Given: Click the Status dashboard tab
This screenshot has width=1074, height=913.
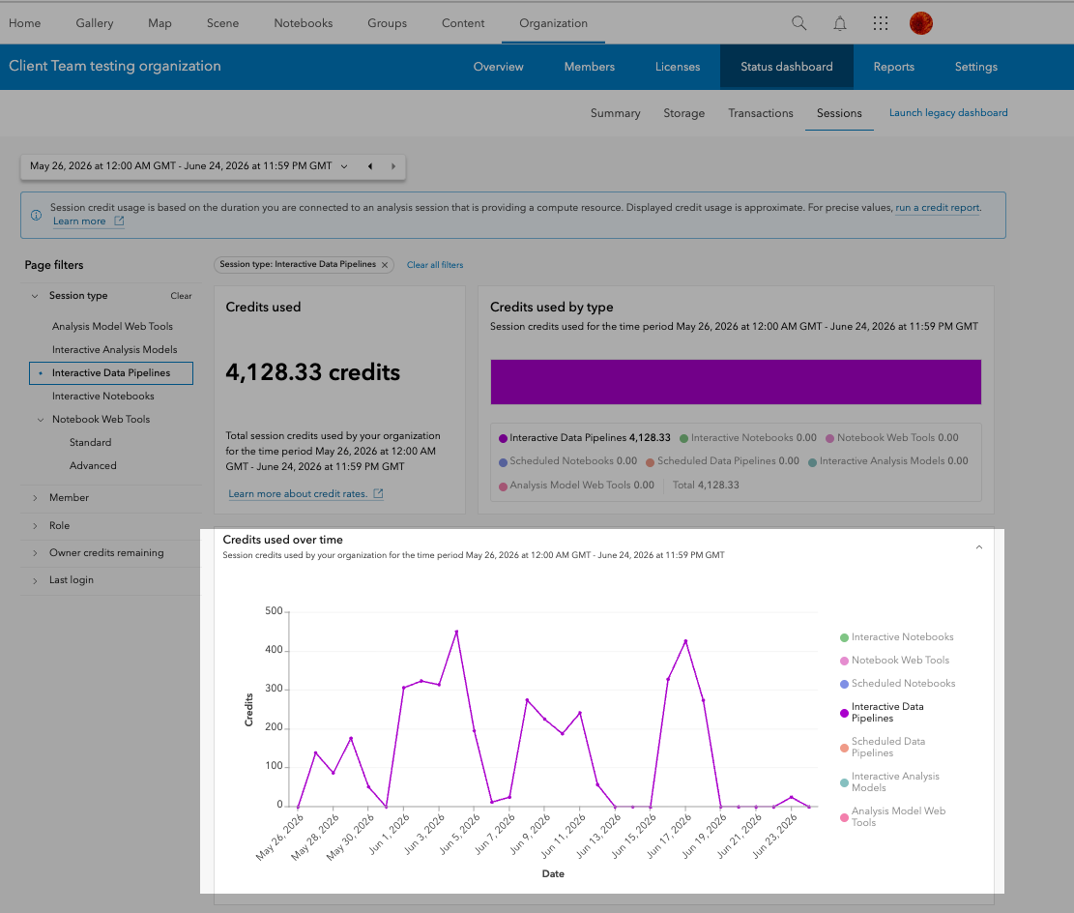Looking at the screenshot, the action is (x=786, y=67).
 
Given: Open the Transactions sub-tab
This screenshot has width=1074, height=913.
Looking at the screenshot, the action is (x=760, y=113).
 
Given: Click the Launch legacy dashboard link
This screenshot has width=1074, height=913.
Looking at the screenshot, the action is (x=948, y=112).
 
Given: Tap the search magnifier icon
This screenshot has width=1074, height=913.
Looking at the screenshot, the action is (x=798, y=23).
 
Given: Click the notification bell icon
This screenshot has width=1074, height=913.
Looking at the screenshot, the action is (x=840, y=23).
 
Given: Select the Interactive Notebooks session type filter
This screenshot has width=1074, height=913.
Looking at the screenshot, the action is (x=102, y=397).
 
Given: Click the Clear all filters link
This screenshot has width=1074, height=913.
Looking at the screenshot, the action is (x=435, y=265).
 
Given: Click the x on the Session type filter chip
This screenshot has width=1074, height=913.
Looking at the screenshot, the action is (x=385, y=265).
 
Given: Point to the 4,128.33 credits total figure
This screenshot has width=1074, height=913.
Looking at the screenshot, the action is (x=313, y=372).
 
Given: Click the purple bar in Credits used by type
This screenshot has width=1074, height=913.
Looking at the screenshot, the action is (x=736, y=382).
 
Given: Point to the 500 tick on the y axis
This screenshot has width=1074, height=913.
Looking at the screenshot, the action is (x=274, y=610).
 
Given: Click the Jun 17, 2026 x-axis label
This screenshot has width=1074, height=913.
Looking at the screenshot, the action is (x=669, y=837).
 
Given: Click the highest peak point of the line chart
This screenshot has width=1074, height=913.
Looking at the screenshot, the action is (x=456, y=632).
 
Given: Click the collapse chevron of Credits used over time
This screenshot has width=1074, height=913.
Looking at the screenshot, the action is (x=979, y=547).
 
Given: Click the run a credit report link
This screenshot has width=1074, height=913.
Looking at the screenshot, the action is (x=938, y=208).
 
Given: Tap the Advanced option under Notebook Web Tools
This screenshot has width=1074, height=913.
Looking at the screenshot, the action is (x=93, y=465).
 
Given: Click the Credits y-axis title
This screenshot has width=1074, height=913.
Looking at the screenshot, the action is (x=248, y=710).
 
